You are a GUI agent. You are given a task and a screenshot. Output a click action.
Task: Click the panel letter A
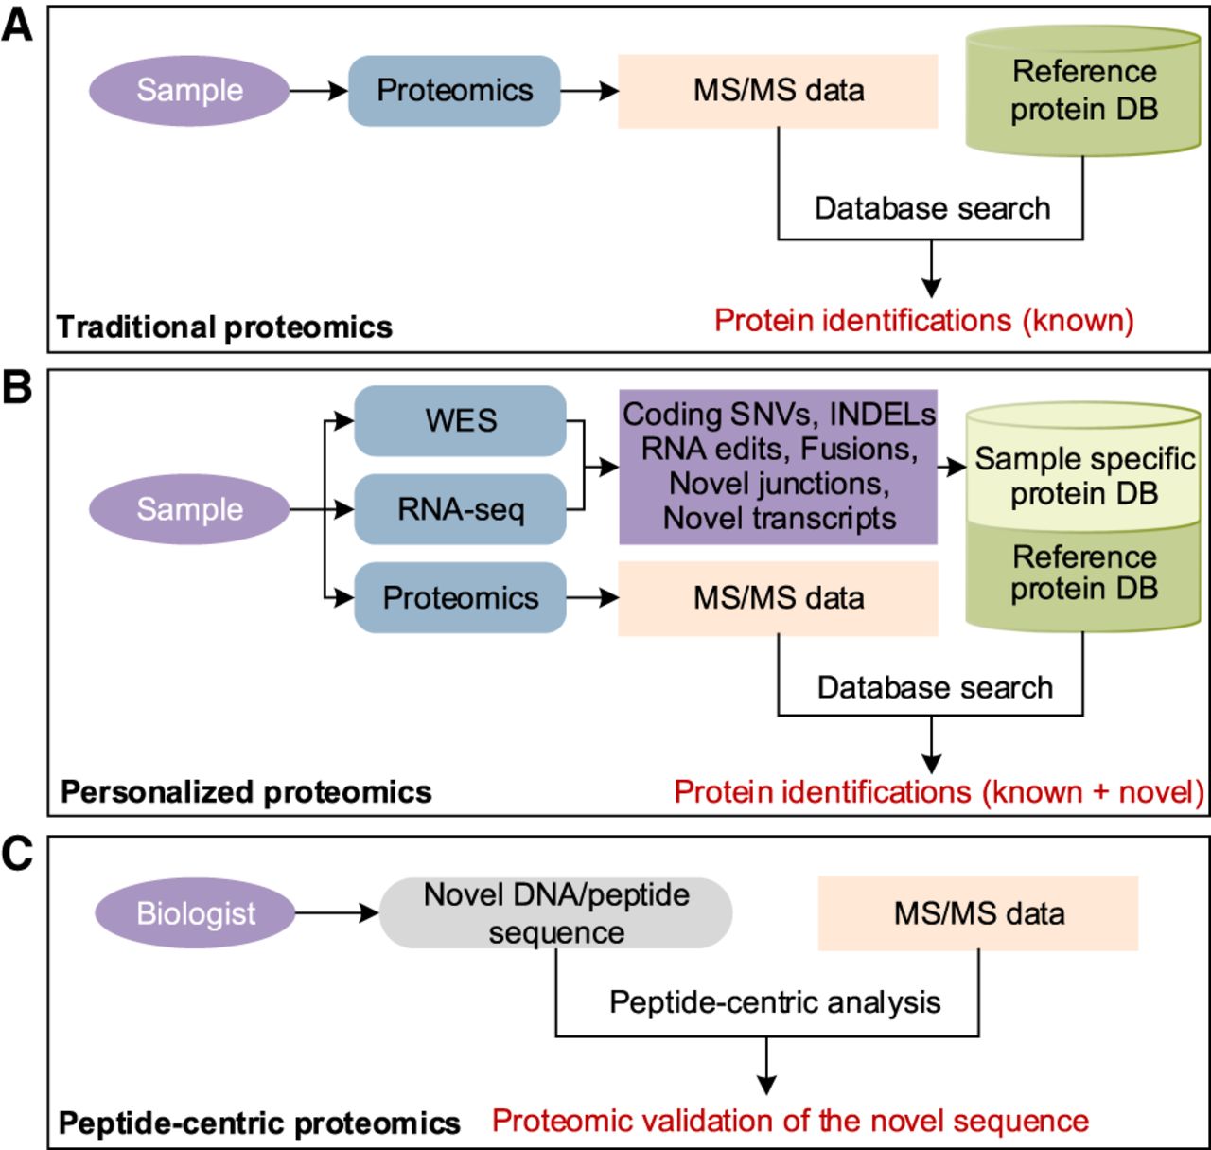coord(17,26)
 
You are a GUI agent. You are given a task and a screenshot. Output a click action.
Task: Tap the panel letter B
coord(17,389)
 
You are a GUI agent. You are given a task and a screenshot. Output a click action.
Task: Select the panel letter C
coord(17,854)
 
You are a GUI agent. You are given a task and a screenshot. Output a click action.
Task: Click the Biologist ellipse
coord(196,913)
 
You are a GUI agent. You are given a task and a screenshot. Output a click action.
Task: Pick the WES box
coord(461,420)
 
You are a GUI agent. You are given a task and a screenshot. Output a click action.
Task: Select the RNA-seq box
coord(461,509)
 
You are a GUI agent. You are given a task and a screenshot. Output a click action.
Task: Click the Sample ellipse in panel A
coord(189,90)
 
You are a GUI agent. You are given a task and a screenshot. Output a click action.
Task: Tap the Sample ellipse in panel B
coord(189,509)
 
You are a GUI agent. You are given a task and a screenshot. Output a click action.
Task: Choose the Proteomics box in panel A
coord(455,90)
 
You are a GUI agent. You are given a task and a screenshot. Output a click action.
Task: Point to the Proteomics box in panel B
coord(461,597)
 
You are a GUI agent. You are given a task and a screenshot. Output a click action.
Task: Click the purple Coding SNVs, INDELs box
coord(779,467)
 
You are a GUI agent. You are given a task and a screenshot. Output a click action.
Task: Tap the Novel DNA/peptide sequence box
coord(556,913)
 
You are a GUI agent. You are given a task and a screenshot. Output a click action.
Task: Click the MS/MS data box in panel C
coord(978,913)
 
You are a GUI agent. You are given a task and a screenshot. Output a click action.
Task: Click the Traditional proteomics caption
coord(224,327)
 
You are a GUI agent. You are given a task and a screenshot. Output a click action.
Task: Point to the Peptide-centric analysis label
coord(775,1001)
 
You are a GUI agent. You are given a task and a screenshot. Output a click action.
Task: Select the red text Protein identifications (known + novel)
coord(939,791)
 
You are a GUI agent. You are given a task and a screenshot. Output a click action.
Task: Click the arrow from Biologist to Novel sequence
coord(337,913)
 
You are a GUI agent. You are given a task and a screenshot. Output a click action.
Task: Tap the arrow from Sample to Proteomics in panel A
coord(319,91)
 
